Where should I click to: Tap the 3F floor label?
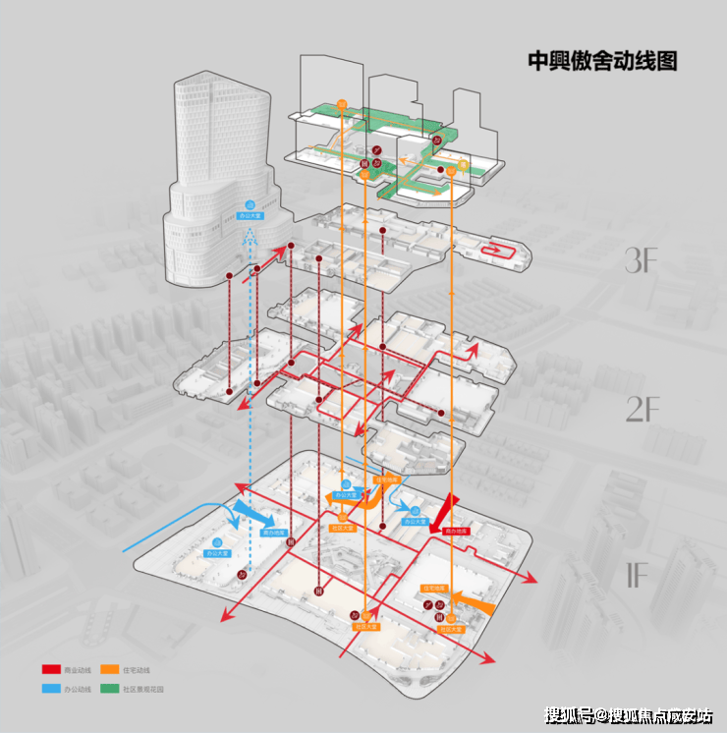click(642, 260)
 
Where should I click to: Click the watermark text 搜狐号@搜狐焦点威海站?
click(629, 714)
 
